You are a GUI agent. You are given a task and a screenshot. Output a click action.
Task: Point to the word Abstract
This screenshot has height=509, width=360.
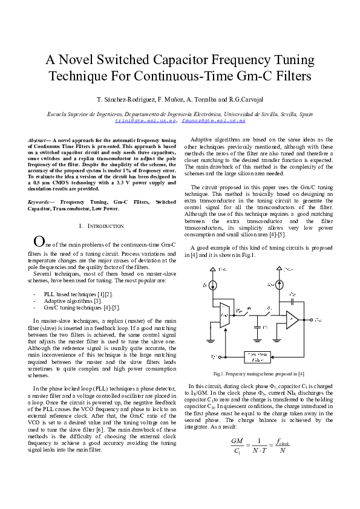point(38,140)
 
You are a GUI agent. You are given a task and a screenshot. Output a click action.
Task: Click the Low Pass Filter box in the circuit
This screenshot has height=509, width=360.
point(259,357)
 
